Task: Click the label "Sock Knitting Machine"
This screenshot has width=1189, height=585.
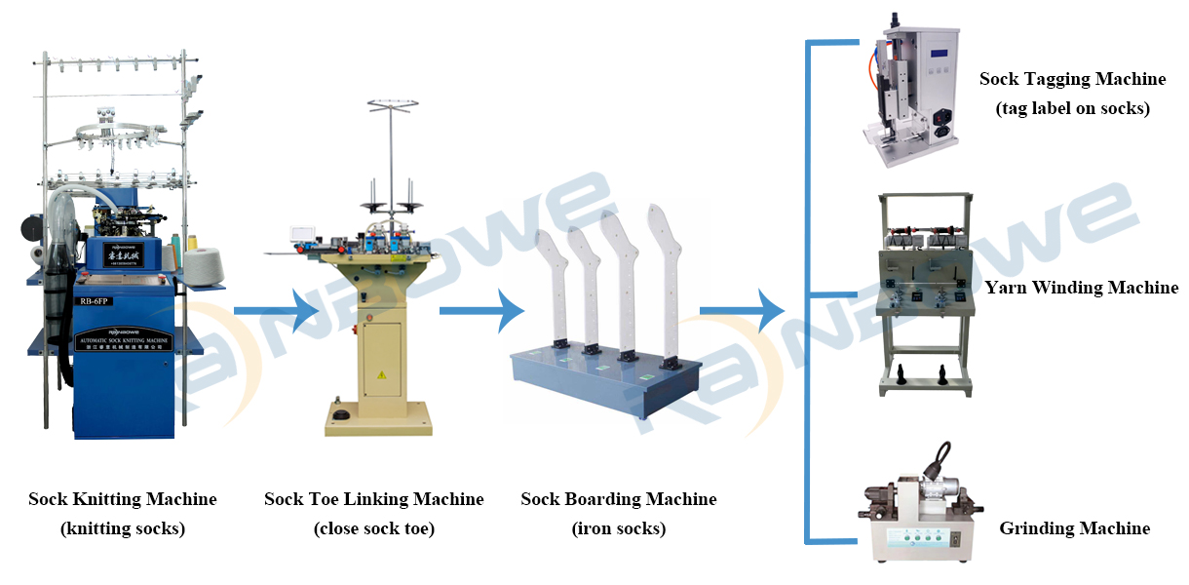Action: pyautogui.click(x=123, y=499)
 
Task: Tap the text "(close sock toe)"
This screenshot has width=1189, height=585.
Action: pyautogui.click(x=373, y=529)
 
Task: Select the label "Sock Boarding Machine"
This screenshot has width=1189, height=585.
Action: pyautogui.click(x=619, y=499)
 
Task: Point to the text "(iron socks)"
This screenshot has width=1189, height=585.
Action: pyautogui.click(x=619, y=529)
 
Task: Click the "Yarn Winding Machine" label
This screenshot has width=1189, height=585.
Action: pyautogui.click(x=1082, y=288)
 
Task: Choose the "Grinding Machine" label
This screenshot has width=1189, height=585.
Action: pyautogui.click(x=1074, y=528)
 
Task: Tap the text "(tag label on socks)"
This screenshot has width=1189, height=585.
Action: pyautogui.click(x=1072, y=108)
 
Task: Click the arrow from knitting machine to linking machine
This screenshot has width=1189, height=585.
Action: pyautogui.click(x=277, y=311)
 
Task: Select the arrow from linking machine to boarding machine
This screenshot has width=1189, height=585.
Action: pyautogui.click(x=482, y=311)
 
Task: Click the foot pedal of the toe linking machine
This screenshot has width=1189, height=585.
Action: pyautogui.click(x=340, y=416)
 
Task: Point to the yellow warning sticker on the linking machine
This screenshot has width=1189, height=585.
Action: pyautogui.click(x=379, y=374)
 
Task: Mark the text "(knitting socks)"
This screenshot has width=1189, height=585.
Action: pyautogui.click(x=123, y=529)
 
